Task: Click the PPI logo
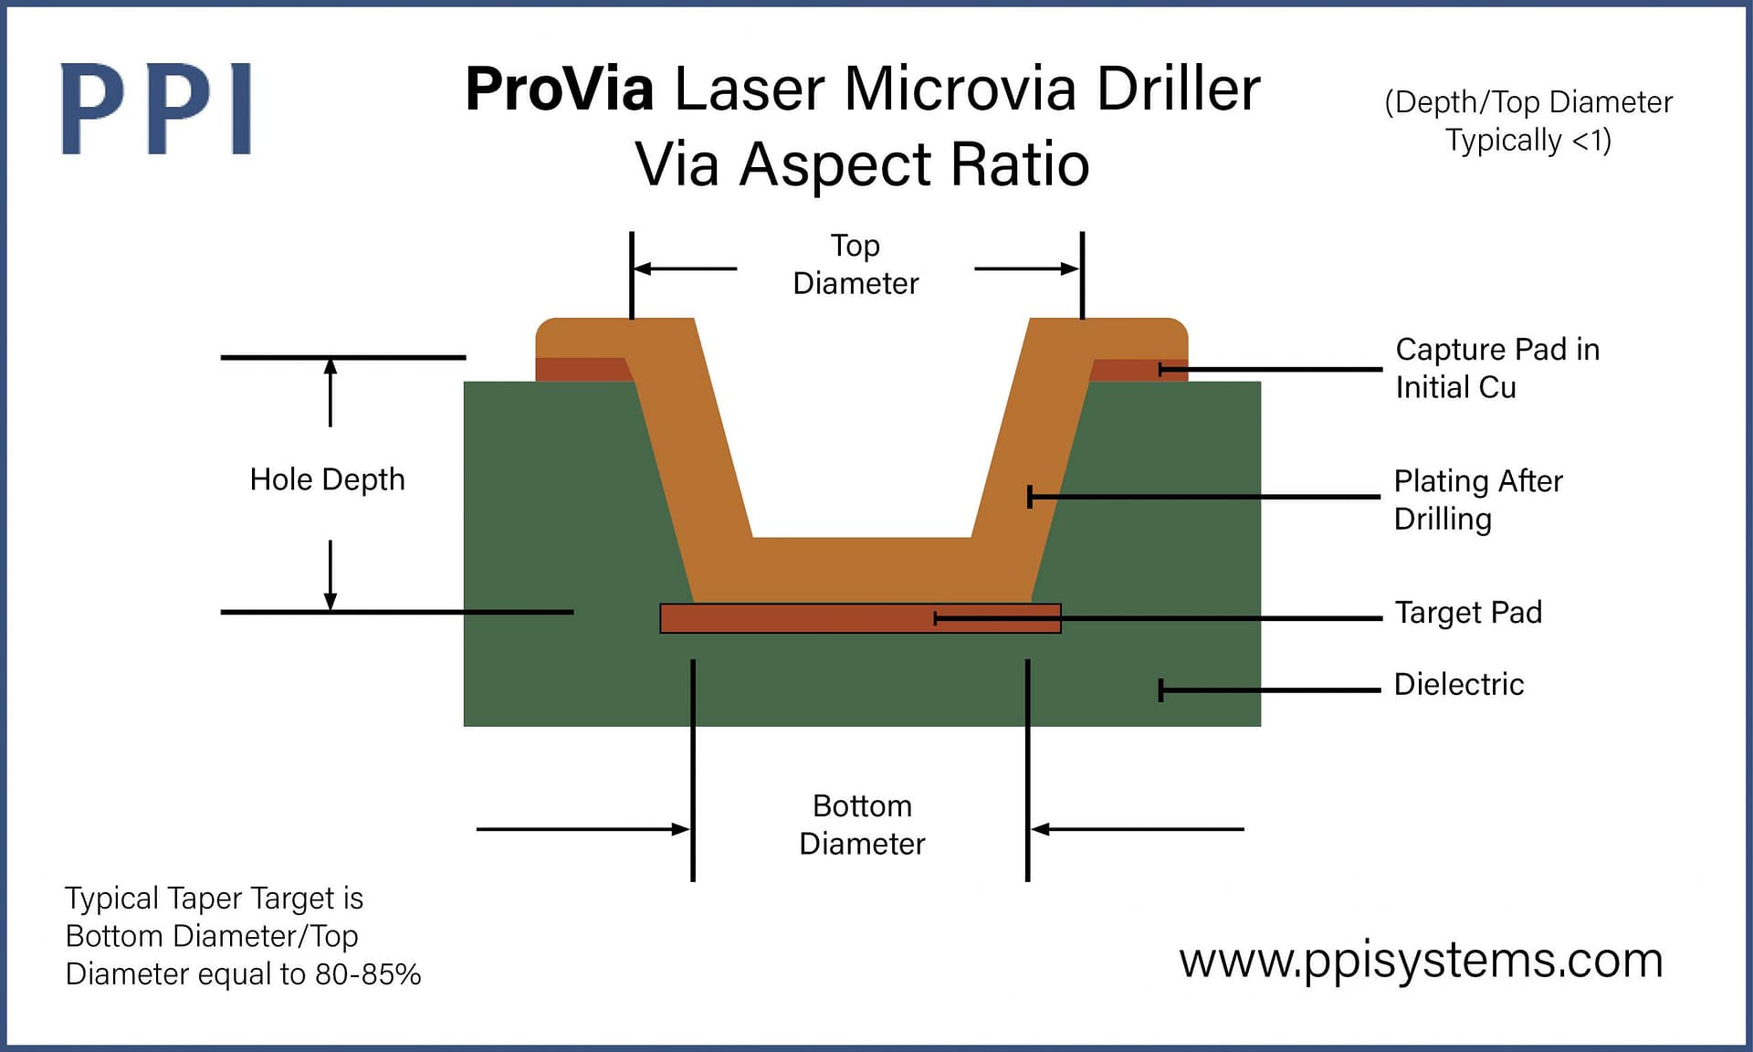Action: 156,109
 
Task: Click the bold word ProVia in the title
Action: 559,89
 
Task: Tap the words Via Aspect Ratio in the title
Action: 862,165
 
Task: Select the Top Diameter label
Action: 856,264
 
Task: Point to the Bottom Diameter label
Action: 861,825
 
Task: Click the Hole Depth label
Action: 327,479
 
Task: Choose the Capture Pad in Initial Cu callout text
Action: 1496,368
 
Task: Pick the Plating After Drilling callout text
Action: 1477,500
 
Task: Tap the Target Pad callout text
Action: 1467,612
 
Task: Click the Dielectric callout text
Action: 1458,684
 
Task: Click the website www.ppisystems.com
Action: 1421,961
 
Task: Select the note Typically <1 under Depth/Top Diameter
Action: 1527,141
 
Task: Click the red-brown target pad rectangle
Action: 794,618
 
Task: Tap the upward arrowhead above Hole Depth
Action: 331,366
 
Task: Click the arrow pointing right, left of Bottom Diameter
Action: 679,829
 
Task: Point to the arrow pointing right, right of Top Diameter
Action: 1069,268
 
